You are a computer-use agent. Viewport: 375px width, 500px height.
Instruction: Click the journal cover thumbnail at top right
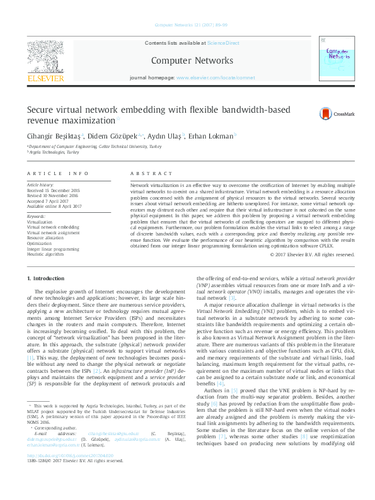(335, 60)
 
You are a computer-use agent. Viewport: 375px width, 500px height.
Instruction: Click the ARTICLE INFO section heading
(54, 173)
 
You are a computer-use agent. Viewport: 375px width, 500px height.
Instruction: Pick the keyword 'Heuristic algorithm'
(45, 254)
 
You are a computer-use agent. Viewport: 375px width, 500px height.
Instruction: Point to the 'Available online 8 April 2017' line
(54, 205)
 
